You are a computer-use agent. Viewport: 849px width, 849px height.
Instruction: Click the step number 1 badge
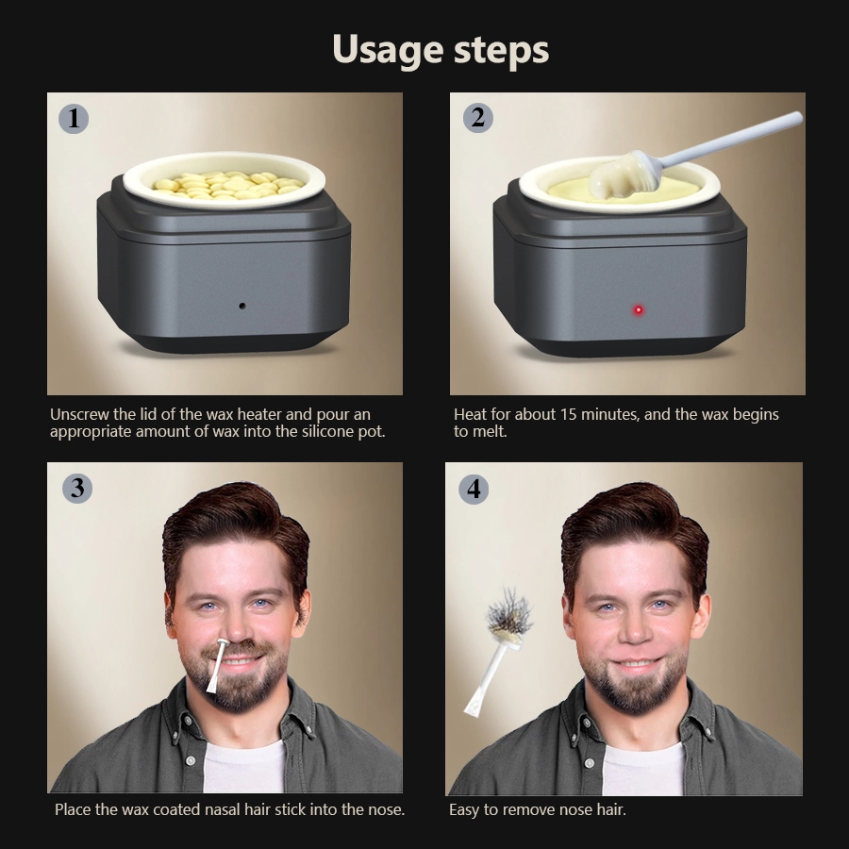(73, 118)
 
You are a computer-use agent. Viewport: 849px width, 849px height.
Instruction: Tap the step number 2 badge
(477, 118)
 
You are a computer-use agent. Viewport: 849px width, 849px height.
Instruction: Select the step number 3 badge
(76, 488)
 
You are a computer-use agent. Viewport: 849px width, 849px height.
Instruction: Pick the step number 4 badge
(474, 489)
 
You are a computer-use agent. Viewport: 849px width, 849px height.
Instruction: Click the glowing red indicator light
(639, 309)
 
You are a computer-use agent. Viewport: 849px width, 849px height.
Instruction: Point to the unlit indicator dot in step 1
(242, 306)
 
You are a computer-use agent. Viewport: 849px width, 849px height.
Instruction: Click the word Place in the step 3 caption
(74, 809)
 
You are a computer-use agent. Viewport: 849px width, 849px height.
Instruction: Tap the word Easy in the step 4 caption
(464, 809)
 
